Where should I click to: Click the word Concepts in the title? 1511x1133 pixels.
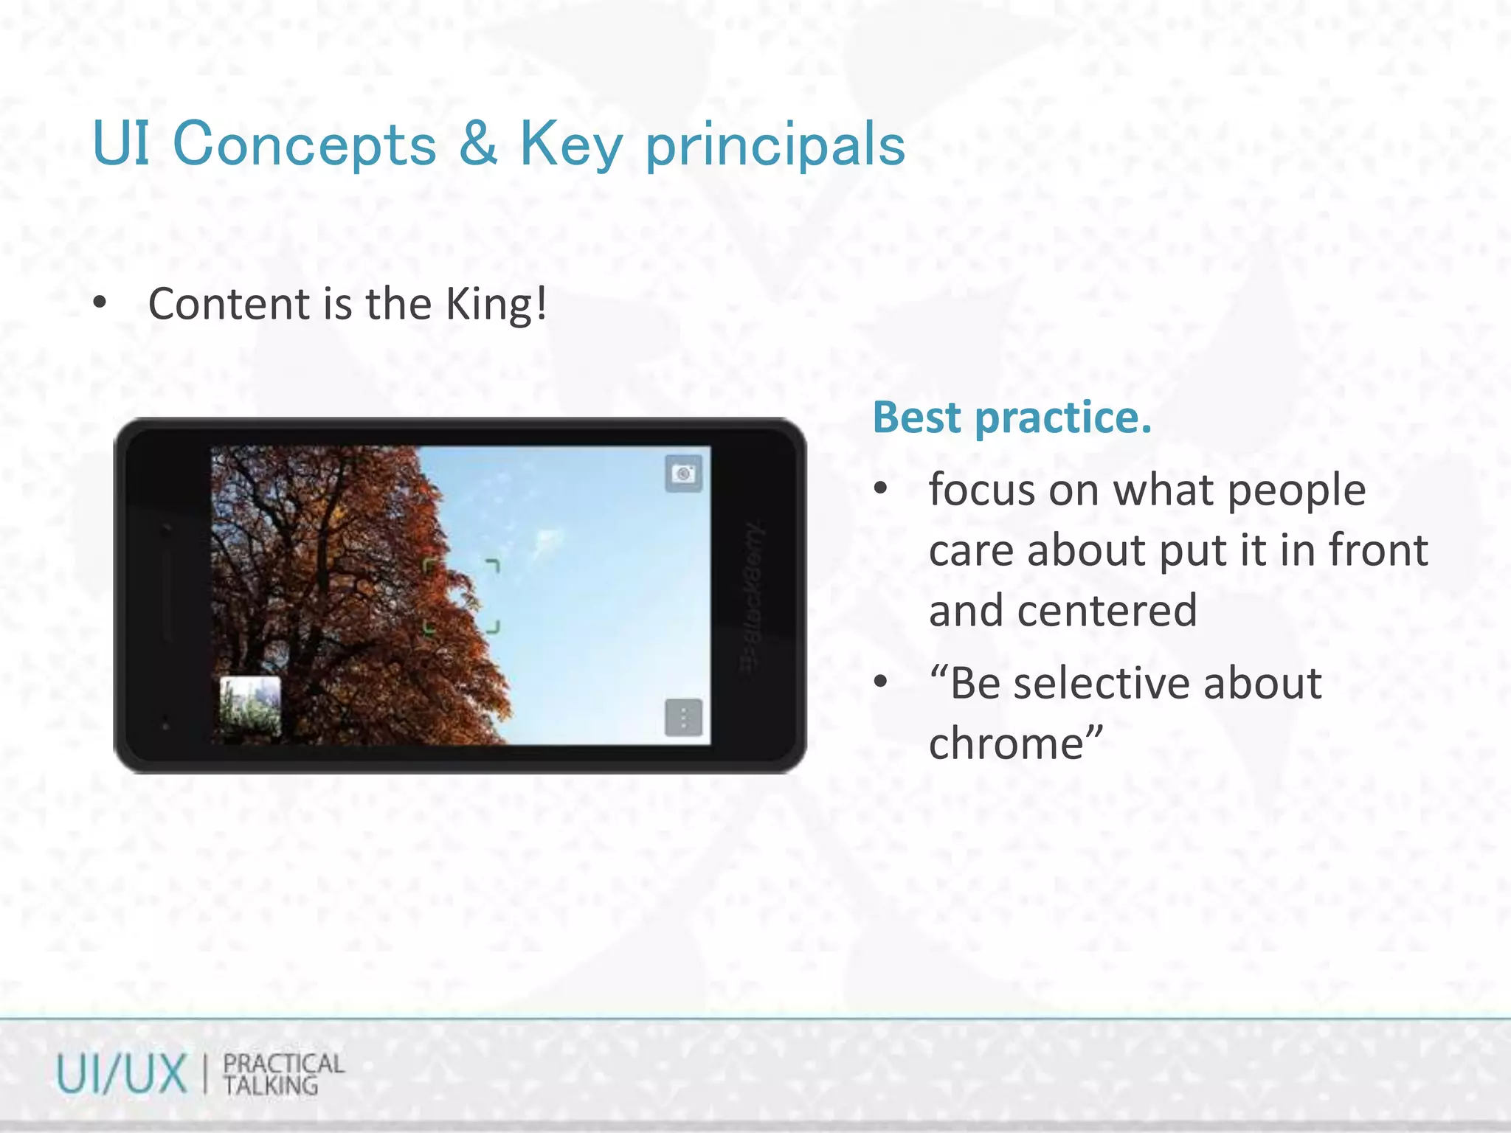[304, 145]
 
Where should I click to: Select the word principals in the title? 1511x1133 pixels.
[775, 146]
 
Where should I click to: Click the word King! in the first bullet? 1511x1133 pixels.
[497, 304]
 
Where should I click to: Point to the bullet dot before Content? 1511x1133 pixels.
[100, 303]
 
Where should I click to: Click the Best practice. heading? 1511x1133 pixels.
[1012, 417]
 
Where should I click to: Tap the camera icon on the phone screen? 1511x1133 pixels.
[684, 474]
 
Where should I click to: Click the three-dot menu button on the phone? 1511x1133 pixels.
[684, 718]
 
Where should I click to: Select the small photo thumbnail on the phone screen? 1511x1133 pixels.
[251, 707]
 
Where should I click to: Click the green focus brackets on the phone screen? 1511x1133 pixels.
[462, 596]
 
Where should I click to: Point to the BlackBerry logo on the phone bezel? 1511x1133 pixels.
[752, 597]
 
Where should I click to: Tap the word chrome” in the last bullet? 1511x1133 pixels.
[1016, 744]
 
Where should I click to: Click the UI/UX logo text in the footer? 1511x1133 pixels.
[122, 1074]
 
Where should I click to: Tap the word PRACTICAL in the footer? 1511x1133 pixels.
[284, 1063]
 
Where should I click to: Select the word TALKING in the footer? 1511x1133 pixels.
[271, 1086]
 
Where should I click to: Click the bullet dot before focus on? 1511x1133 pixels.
[880, 489]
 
